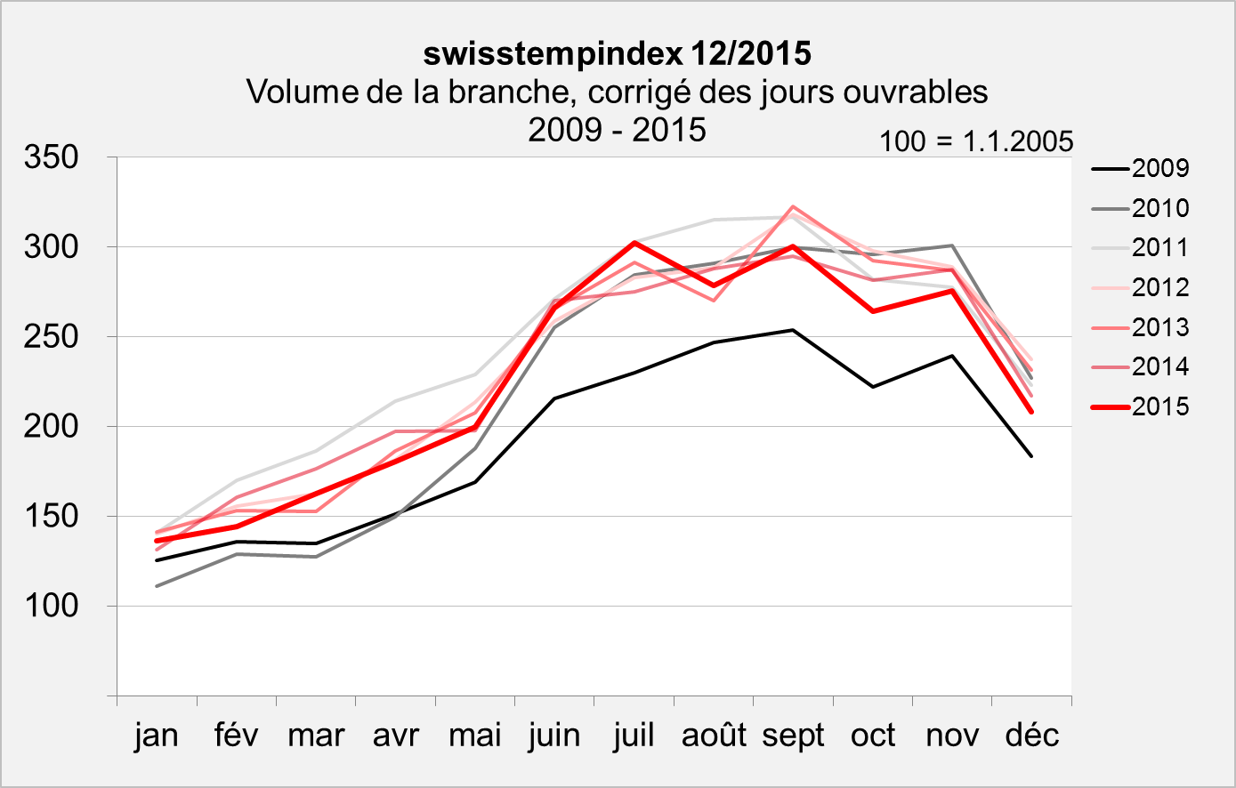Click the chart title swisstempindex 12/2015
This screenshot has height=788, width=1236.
pos(617,53)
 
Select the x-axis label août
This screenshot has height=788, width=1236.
pos(714,736)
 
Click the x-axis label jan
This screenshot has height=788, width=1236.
pos(157,736)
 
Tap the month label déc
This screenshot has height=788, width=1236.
pos(1032,736)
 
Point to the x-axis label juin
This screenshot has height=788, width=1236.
pos(554,736)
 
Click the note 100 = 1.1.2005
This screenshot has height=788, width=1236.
pos(976,141)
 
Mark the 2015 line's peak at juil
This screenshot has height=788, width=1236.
pos(634,242)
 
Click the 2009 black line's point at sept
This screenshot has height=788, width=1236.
pos(793,330)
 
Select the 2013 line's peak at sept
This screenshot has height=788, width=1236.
pos(793,206)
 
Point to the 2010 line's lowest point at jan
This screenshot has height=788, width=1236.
pos(157,586)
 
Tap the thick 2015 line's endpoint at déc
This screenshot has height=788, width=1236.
pos(1032,412)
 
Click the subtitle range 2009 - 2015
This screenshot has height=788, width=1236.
pos(617,130)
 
